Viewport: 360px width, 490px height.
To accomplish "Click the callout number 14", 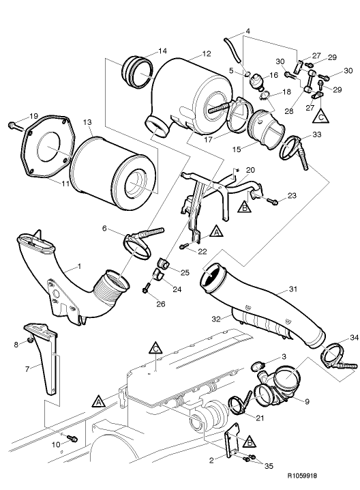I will click(162, 52).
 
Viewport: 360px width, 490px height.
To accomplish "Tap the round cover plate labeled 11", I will click(47, 150).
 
